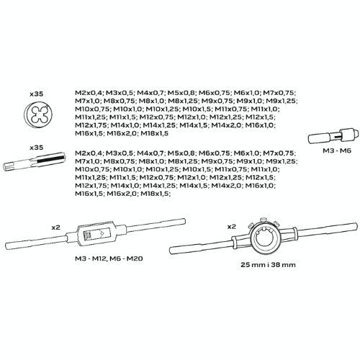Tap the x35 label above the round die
point(37,94)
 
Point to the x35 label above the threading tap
point(37,148)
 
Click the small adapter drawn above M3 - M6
point(333,136)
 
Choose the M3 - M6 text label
point(337,150)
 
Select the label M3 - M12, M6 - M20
point(109,258)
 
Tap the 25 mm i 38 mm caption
point(268,265)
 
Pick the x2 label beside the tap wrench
point(56,228)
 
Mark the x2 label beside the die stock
point(232,227)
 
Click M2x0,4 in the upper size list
point(89,93)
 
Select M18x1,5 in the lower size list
point(156,194)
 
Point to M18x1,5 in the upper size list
point(154,133)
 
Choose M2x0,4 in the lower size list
point(89,153)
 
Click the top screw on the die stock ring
point(264,219)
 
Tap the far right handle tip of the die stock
point(356,226)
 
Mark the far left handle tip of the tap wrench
point(6,246)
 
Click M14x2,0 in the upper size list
point(227,125)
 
